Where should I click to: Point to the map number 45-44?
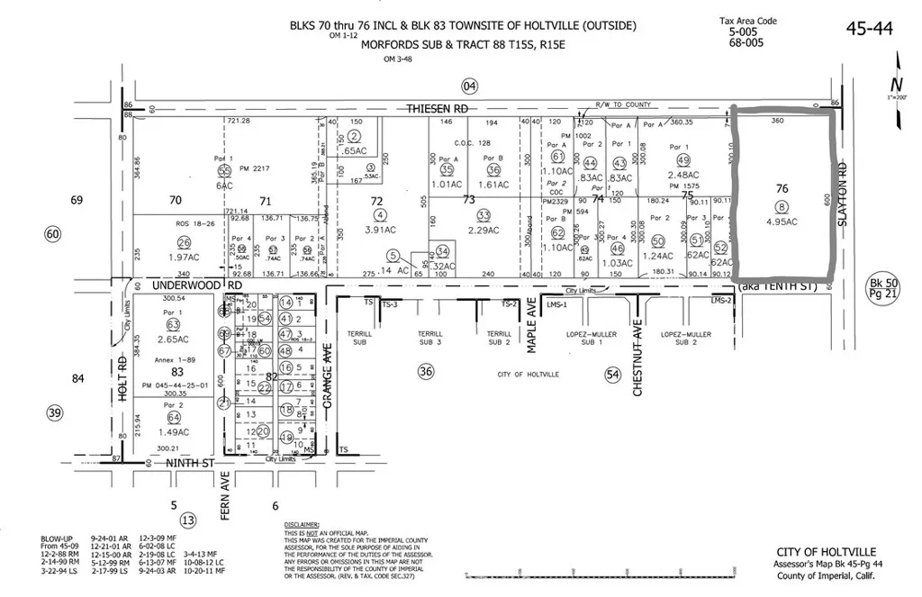coord(870,29)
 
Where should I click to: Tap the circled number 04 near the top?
coord(469,86)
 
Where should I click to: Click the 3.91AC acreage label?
coord(381,230)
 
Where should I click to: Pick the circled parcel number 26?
coord(185,241)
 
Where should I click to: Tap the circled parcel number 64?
coord(173,417)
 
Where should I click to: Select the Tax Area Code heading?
coord(747,21)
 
